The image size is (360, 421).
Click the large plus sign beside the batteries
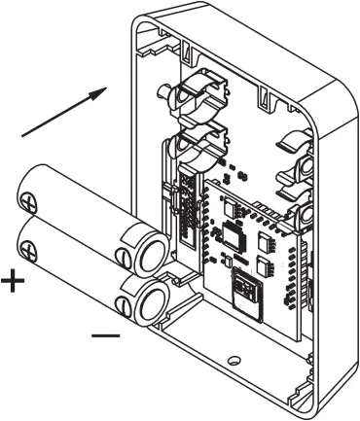13,283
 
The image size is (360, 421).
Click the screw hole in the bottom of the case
232,362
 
